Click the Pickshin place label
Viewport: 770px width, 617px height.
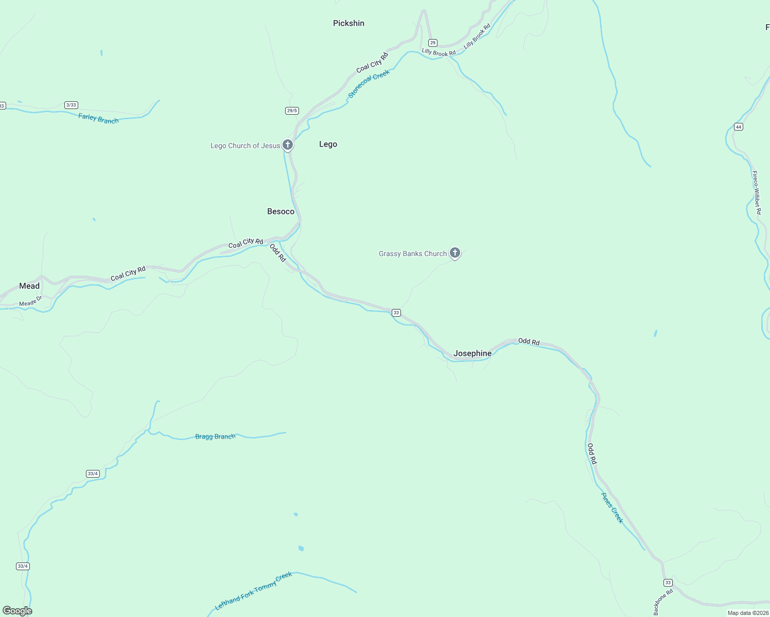348,23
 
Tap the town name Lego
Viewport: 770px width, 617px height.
328,144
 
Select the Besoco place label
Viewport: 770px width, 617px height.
281,211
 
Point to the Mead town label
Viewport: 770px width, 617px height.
29,286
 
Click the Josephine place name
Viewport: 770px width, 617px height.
472,353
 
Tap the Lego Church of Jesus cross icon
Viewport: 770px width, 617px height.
288,145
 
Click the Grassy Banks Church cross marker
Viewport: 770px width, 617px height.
454,252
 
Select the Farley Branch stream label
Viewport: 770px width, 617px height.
98,119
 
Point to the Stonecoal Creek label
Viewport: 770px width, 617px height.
369,83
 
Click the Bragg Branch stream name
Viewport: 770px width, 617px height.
215,437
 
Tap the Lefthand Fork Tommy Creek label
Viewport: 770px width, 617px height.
253,591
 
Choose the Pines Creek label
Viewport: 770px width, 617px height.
612,507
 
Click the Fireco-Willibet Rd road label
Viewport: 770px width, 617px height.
756,192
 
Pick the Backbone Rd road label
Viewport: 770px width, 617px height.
663,602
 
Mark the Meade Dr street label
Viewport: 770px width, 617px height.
30,303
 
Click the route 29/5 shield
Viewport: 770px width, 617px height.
292,111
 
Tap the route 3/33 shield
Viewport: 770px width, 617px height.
71,105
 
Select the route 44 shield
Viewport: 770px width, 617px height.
739,126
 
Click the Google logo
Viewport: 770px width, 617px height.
17,610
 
